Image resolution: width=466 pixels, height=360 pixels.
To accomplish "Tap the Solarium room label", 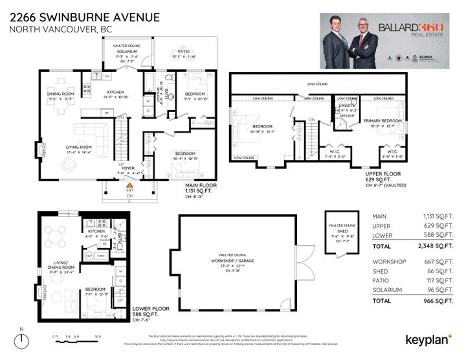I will (x=127, y=51).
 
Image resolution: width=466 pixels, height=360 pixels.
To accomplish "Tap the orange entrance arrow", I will (x=129, y=185).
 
